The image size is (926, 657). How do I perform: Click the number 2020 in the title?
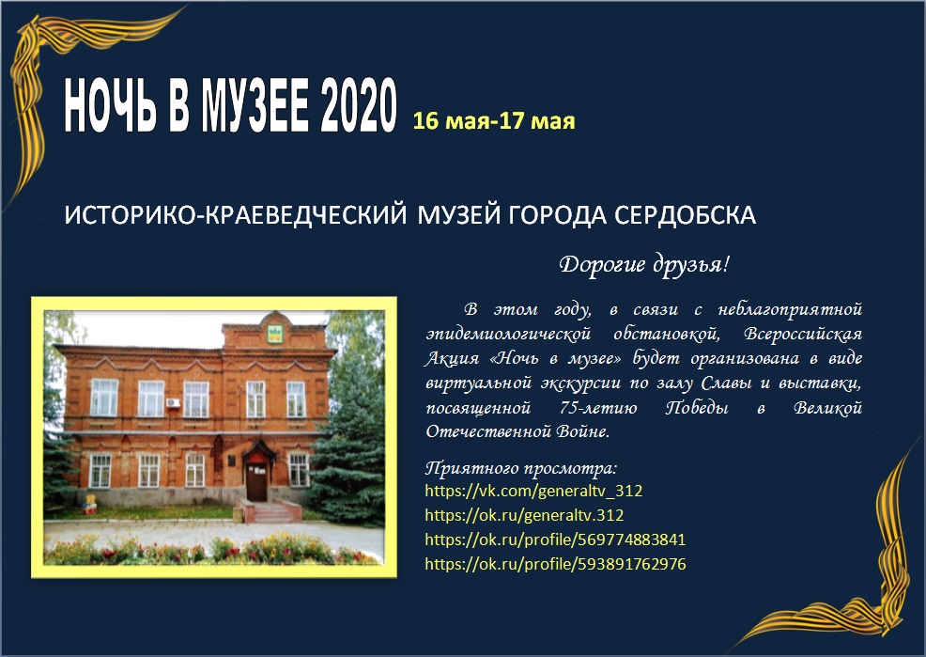pyautogui.click(x=359, y=106)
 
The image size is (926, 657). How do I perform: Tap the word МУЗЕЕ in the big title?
pyautogui.click(x=255, y=106)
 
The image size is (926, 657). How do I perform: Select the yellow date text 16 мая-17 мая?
pyautogui.click(x=494, y=120)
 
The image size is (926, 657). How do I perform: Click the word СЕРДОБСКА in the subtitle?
pyautogui.click(x=685, y=215)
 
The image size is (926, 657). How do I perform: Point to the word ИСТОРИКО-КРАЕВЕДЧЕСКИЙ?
pyautogui.click(x=236, y=215)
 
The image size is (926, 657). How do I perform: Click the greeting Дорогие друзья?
pyautogui.click(x=644, y=264)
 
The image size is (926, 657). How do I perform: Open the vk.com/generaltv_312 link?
pyautogui.click(x=533, y=491)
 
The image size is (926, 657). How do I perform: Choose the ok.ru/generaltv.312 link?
pyautogui.click(x=524, y=515)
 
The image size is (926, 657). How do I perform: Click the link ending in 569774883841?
pyautogui.click(x=556, y=540)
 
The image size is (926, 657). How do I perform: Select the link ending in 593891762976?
pyautogui.click(x=556, y=564)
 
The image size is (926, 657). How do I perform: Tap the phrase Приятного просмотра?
pyautogui.click(x=521, y=468)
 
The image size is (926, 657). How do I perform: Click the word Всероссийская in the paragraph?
pyautogui.click(x=803, y=334)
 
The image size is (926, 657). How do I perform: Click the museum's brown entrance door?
pyautogui.click(x=257, y=482)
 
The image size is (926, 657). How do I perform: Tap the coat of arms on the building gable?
pyautogui.click(x=274, y=334)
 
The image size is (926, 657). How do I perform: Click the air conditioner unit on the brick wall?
pyautogui.click(x=174, y=403)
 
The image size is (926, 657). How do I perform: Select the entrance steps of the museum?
pyautogui.click(x=270, y=511)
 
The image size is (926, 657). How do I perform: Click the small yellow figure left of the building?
pyautogui.click(x=90, y=504)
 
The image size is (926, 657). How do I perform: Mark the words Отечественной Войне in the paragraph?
pyautogui.click(x=517, y=431)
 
